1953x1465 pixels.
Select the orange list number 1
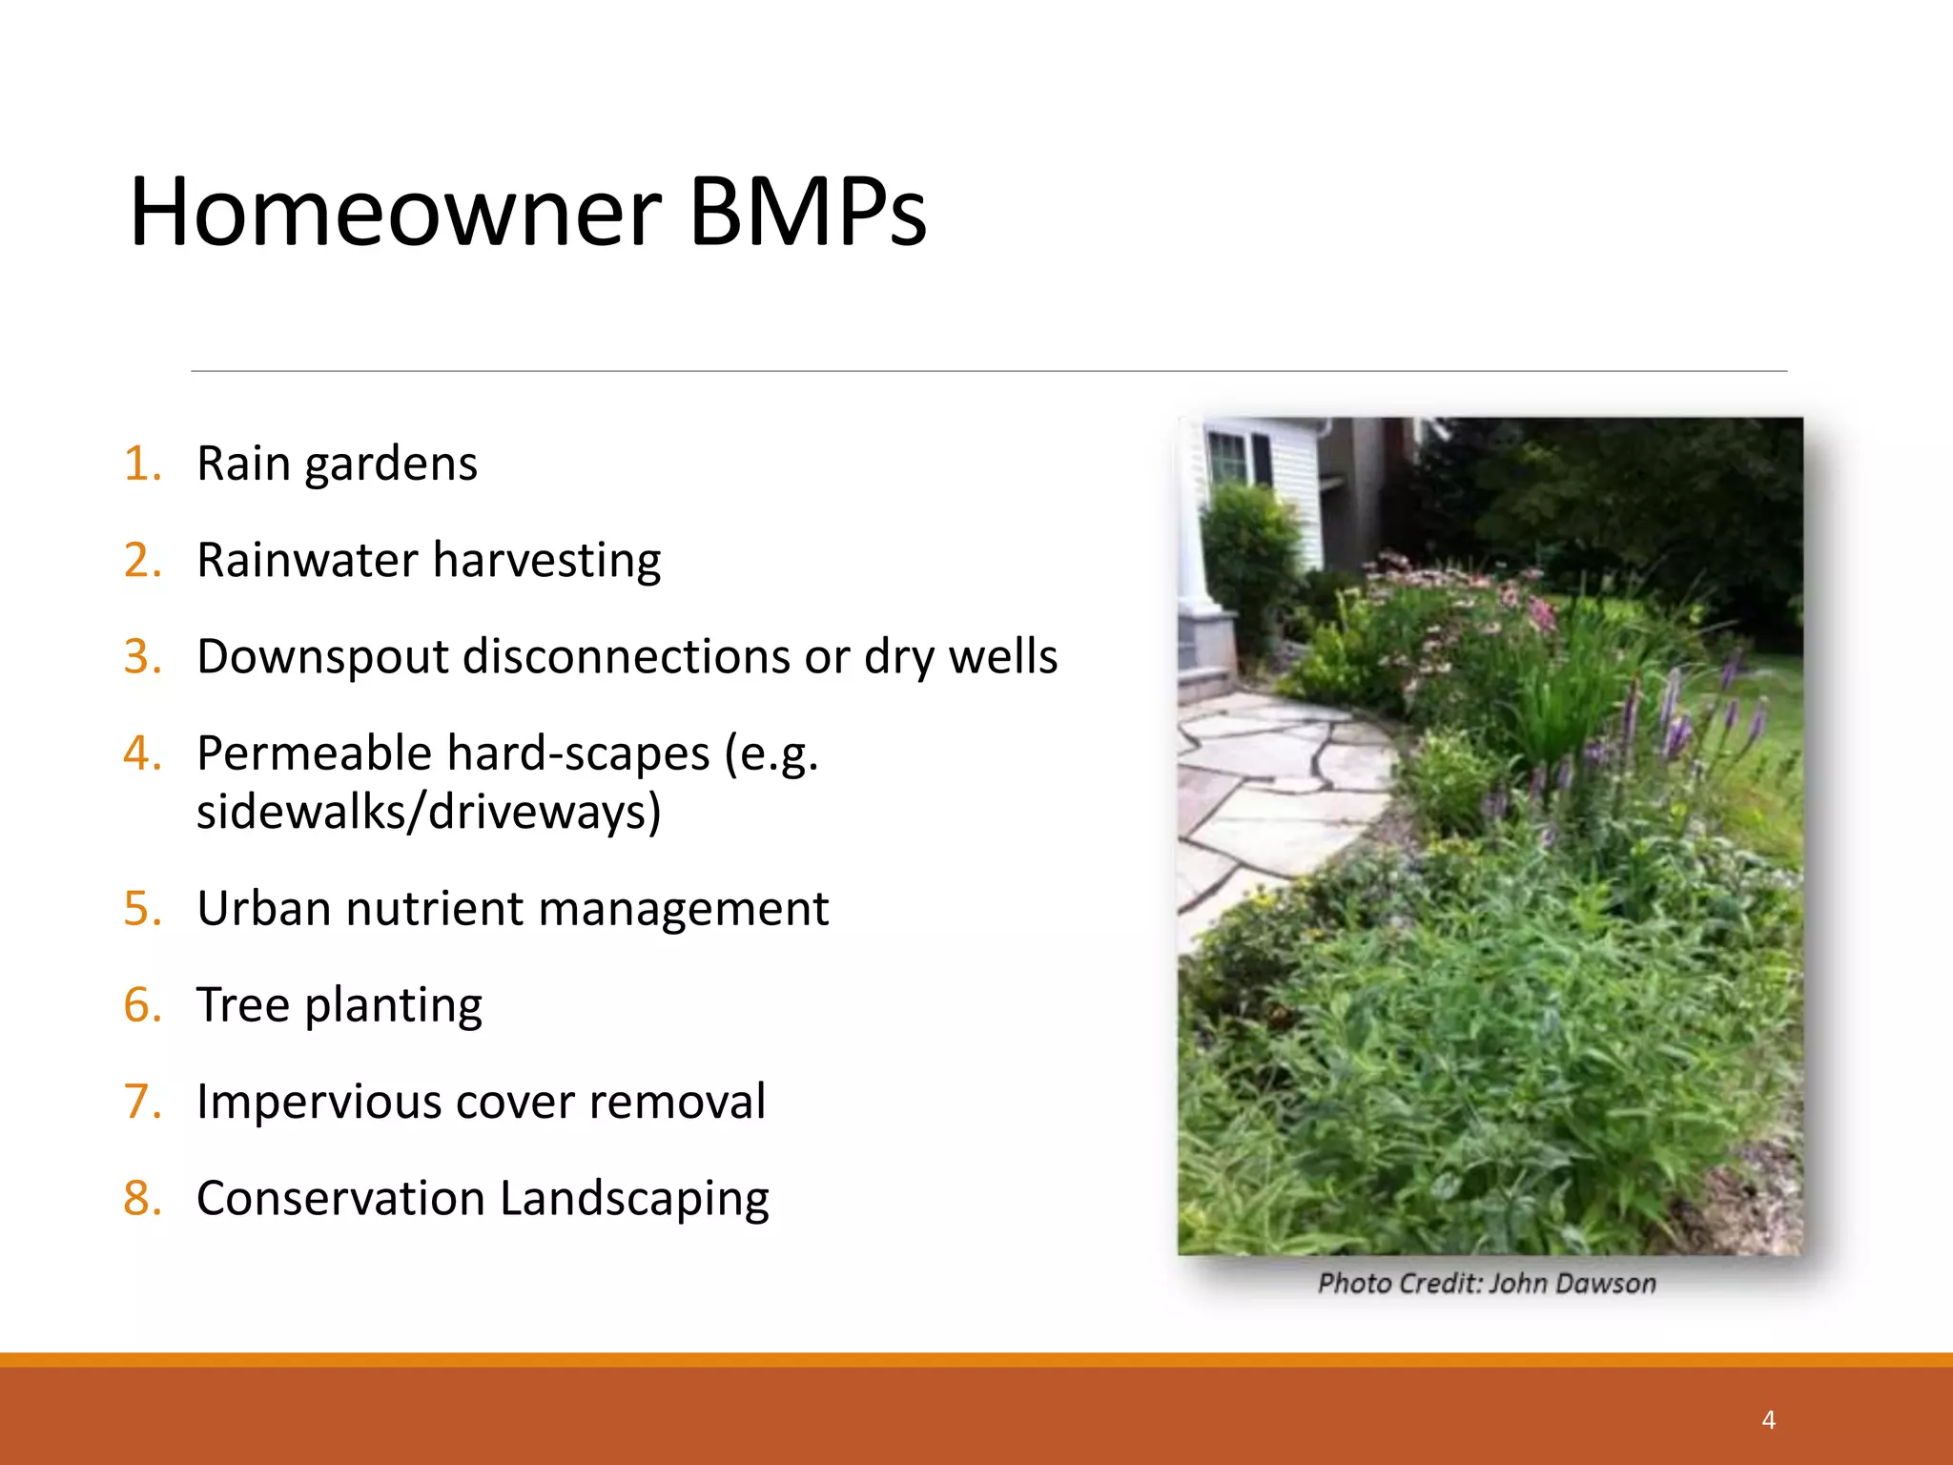pyautogui.click(x=142, y=464)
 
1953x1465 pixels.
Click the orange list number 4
pyautogui.click(x=142, y=753)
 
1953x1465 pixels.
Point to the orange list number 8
pyautogui.click(x=142, y=1199)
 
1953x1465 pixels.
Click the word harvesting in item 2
pyautogui.click(x=546, y=561)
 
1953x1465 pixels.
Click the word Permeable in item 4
pyautogui.click(x=314, y=754)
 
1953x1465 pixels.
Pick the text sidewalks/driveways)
pyautogui.click(x=428, y=813)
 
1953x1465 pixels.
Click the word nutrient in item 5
pyautogui.click(x=434, y=909)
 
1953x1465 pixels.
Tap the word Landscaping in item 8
pyautogui.click(x=634, y=1200)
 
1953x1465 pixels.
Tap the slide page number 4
pyautogui.click(x=1768, y=1420)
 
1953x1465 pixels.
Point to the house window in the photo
pyautogui.click(x=1230, y=458)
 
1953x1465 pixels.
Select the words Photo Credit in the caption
pyautogui.click(x=1398, y=1284)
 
